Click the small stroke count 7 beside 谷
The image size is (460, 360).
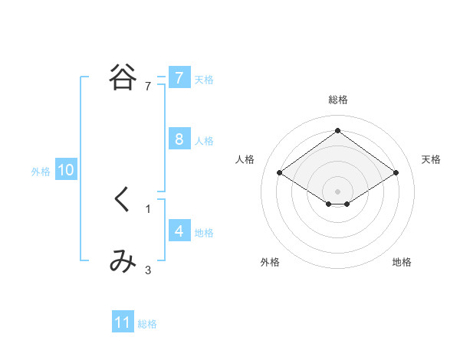[148, 87]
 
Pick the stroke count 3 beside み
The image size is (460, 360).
[148, 270]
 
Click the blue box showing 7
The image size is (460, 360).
[179, 77]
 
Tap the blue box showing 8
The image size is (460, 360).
[179, 139]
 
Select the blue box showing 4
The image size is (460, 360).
[179, 231]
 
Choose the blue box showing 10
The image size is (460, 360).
[66, 170]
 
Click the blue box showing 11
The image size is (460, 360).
[123, 322]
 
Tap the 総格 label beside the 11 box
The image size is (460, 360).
[147, 324]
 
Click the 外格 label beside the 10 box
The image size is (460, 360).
[41, 172]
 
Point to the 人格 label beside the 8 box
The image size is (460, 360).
[204, 141]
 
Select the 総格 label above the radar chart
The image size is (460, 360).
[338, 100]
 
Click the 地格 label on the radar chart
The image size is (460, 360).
[402, 262]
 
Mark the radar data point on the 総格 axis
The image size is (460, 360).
[338, 130]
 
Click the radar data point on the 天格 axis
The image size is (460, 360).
[396, 173]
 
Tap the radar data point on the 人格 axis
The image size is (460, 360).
[280, 173]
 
